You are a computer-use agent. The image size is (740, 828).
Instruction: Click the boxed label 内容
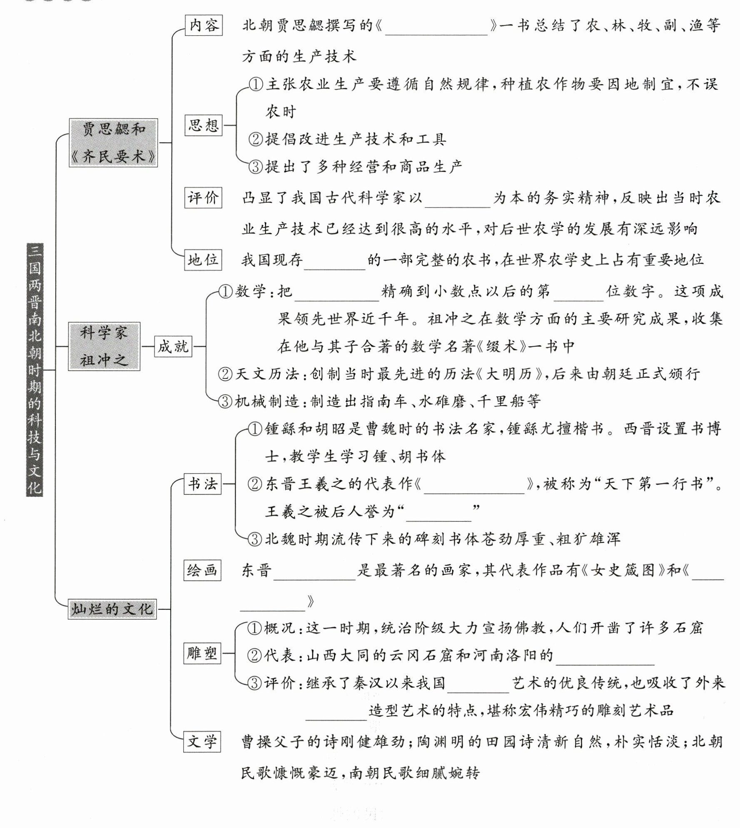204,25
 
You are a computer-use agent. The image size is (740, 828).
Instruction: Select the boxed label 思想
204,125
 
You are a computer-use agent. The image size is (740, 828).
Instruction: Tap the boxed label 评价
203,197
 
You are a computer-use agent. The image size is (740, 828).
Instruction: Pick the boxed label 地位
203,260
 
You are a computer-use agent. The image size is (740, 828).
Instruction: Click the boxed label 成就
173,346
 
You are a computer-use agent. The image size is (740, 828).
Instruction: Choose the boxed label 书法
203,484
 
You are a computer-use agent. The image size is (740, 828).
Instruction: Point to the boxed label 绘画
202,570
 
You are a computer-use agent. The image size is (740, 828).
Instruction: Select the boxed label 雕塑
202,653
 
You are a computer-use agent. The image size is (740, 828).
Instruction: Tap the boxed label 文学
202,742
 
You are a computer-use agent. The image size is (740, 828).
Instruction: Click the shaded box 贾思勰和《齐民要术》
113,143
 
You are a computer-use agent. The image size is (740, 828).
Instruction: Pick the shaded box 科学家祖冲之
104,346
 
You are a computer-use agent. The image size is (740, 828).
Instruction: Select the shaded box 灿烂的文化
112,609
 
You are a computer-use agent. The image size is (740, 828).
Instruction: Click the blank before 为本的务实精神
458,199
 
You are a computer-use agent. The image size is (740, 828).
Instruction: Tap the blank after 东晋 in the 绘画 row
314,571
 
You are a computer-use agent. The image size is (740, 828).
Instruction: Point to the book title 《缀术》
502,347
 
